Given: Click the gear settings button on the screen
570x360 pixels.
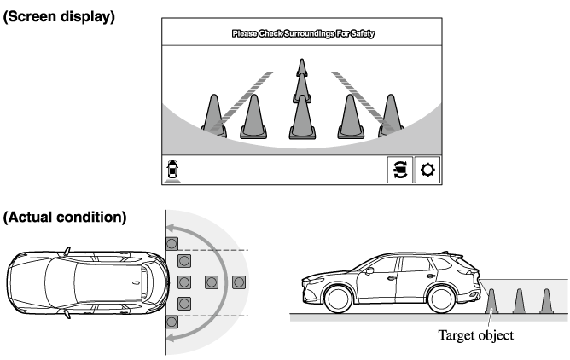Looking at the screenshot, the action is [427, 170].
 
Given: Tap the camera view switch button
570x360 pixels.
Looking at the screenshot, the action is [400, 170].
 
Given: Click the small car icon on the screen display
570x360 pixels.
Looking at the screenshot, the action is [172, 171].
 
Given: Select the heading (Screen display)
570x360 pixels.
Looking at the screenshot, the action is [59, 17].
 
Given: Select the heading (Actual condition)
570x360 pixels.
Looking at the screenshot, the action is [65, 218].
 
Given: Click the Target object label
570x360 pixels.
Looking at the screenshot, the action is [476, 335].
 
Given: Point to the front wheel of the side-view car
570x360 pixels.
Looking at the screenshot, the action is [337, 299].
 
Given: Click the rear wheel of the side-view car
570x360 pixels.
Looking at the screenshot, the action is [442, 299].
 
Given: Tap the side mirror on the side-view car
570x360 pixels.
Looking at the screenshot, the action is [369, 270].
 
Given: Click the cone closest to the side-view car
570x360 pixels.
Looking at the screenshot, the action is [491, 301].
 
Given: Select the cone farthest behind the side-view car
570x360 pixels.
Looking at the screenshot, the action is [546, 301].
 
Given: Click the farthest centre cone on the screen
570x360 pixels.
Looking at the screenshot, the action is [302, 67].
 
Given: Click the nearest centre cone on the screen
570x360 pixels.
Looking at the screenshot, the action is [302, 117].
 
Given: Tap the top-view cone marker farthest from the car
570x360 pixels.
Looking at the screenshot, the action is [239, 282].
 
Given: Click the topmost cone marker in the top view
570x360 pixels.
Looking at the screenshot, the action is [172, 243].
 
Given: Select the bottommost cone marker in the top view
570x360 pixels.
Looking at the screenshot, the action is [172, 322].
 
